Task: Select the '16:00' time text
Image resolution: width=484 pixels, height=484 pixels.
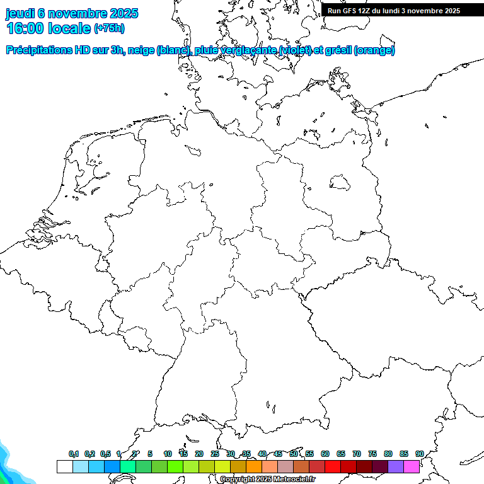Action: pyautogui.click(x=25, y=28)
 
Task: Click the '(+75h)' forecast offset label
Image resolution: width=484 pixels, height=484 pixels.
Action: pyautogui.click(x=109, y=28)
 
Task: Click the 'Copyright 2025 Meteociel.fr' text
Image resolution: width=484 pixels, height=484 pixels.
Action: pyautogui.click(x=267, y=480)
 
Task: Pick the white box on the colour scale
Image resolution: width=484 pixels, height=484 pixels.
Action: pyautogui.click(x=64, y=466)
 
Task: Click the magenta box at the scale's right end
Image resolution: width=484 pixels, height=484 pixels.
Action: pyautogui.click(x=412, y=466)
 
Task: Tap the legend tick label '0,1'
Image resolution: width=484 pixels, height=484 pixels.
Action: pyautogui.click(x=74, y=454)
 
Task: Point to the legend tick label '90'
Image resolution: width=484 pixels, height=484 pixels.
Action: pyautogui.click(x=419, y=454)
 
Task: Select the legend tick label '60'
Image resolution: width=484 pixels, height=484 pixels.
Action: pyautogui.click(x=325, y=454)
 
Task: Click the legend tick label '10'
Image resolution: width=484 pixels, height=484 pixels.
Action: pyautogui.click(x=168, y=454)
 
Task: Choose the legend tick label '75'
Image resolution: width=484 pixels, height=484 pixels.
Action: pyautogui.click(x=372, y=454)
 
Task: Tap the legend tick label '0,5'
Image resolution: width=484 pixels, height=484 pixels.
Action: pyautogui.click(x=105, y=454)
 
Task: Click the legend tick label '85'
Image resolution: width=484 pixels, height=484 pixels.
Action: pyautogui.click(x=404, y=454)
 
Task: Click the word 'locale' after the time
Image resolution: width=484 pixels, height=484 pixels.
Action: pyautogui.click(x=69, y=28)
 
